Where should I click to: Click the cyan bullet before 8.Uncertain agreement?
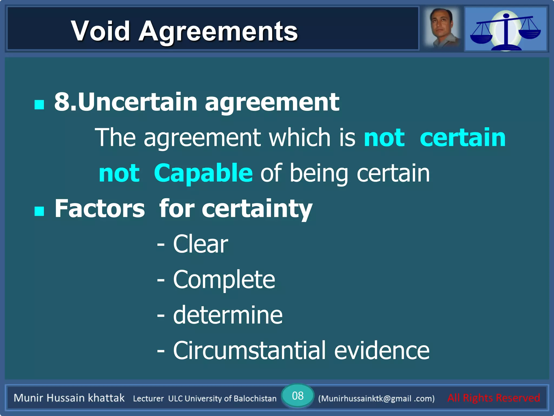point(39,104)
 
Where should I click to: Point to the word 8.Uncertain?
point(126,102)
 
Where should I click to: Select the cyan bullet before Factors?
point(39,211)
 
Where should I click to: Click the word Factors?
point(100,209)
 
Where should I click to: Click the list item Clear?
point(200,244)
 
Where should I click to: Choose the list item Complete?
point(224,279)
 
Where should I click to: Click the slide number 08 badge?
point(298,396)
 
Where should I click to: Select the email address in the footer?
point(376,398)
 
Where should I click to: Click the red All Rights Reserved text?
point(493,398)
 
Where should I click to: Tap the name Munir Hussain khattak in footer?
point(69,398)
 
